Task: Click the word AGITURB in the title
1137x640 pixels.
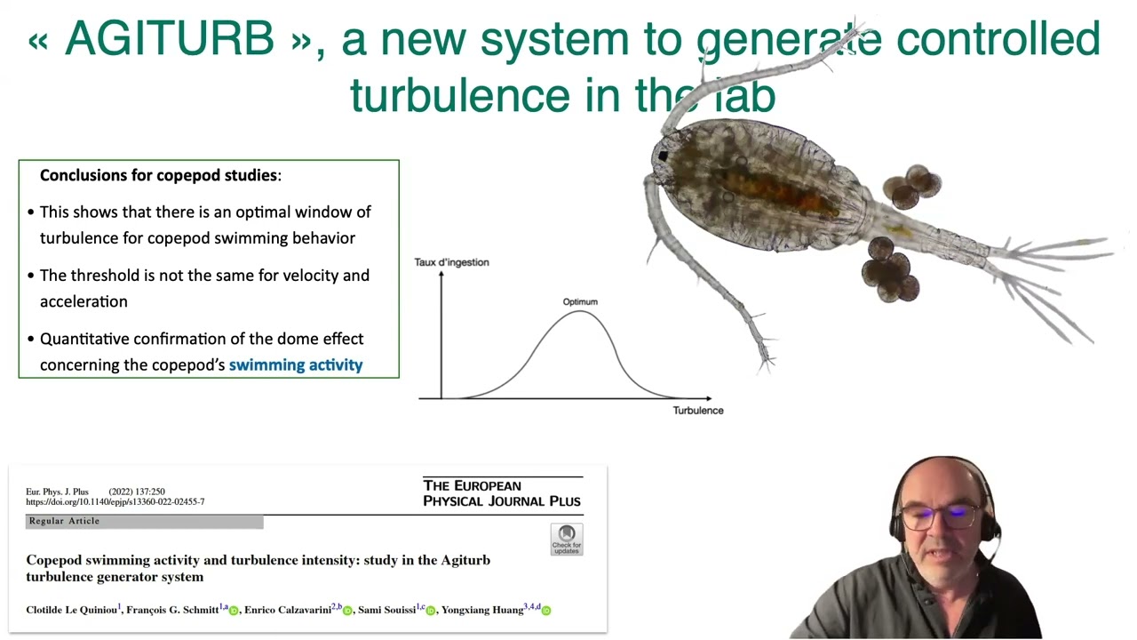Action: click(x=169, y=39)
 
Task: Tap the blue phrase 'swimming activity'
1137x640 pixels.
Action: click(x=296, y=364)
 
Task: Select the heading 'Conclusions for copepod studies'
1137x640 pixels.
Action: click(x=159, y=175)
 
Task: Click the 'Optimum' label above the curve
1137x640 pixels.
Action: click(x=580, y=302)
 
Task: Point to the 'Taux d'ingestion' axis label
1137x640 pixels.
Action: click(x=451, y=262)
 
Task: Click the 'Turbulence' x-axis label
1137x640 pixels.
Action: click(x=698, y=411)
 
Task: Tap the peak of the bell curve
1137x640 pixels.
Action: click(x=580, y=312)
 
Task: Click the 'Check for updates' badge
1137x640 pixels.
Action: click(x=566, y=540)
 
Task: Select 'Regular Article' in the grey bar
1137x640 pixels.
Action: click(x=64, y=521)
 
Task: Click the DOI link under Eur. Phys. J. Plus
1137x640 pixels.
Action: click(x=115, y=502)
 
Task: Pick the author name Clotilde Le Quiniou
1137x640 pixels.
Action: click(x=71, y=610)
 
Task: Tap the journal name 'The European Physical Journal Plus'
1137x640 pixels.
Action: click(x=502, y=493)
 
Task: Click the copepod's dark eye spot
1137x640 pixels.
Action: click(x=662, y=156)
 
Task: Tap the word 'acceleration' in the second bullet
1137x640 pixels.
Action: click(x=83, y=301)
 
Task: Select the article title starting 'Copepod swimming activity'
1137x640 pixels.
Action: click(x=258, y=568)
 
